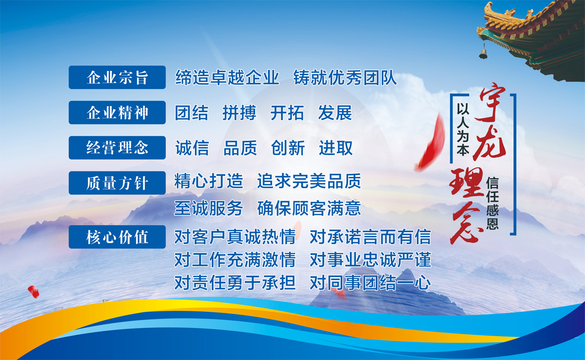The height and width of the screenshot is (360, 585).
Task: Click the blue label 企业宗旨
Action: [117, 77]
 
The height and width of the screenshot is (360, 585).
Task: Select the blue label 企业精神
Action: [117, 113]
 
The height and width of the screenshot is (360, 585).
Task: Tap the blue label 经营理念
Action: [117, 148]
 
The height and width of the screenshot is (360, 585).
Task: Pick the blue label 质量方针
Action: [117, 183]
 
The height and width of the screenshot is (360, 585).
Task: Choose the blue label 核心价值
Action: [117, 237]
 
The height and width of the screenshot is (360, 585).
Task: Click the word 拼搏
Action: [239, 113]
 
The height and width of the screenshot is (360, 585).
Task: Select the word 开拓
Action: [287, 113]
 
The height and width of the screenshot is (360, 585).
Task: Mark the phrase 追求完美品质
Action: [309, 181]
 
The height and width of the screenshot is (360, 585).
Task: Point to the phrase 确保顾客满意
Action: [309, 208]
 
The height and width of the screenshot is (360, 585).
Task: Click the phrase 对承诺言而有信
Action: [370, 237]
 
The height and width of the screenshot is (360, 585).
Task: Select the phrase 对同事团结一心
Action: [370, 282]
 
